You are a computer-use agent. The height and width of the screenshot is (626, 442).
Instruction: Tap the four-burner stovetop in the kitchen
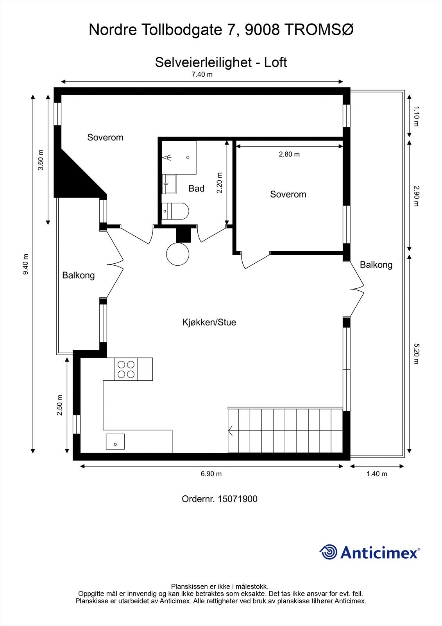[126, 369]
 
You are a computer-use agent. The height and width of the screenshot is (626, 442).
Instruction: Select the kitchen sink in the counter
[115, 442]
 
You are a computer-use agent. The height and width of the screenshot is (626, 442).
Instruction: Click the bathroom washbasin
[169, 184]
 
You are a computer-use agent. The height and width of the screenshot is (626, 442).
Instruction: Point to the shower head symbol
[168, 158]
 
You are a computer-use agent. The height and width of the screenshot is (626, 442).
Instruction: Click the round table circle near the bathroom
[178, 254]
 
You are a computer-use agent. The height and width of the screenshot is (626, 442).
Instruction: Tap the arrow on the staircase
[231, 431]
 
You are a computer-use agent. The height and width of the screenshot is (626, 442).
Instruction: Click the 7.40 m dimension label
[202, 74]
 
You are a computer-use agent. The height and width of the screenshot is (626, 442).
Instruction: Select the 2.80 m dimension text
[289, 154]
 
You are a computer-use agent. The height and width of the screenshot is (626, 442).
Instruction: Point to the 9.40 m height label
[26, 264]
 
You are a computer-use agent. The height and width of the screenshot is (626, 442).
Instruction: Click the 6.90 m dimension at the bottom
[211, 474]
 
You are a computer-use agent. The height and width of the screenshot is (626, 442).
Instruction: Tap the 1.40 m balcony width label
[377, 474]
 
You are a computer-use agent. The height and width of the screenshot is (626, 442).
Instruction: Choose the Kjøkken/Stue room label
[209, 322]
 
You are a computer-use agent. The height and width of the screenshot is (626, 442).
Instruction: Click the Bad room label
[196, 189]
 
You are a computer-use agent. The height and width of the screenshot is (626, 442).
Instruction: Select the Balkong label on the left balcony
[78, 275]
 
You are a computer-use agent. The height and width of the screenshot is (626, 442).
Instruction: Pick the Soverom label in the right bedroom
[288, 194]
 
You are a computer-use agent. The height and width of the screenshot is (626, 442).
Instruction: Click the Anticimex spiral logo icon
[328, 552]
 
